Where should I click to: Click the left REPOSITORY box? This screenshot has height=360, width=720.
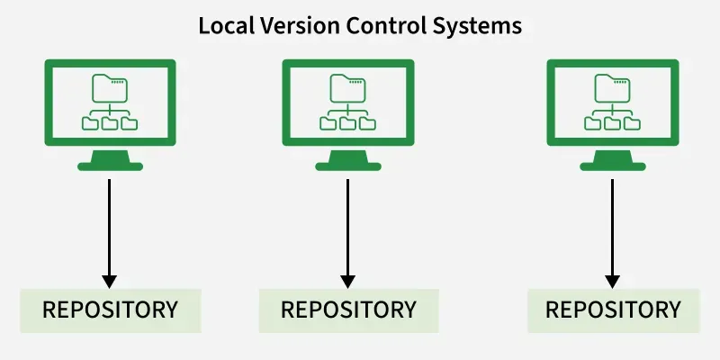tap(110, 310)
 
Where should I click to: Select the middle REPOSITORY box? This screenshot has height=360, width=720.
tap(348, 310)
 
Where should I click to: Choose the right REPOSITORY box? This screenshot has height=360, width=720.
tap(613, 310)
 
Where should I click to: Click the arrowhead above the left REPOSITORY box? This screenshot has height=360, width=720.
tap(110, 280)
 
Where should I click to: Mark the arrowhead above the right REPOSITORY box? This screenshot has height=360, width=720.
tap(613, 280)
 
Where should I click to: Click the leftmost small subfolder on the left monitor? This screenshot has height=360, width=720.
tap(91, 122)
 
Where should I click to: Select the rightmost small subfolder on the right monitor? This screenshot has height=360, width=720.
tap(632, 122)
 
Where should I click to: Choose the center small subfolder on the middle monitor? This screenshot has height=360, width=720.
tap(348, 122)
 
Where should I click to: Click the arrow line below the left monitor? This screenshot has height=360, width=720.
tap(110, 225)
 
